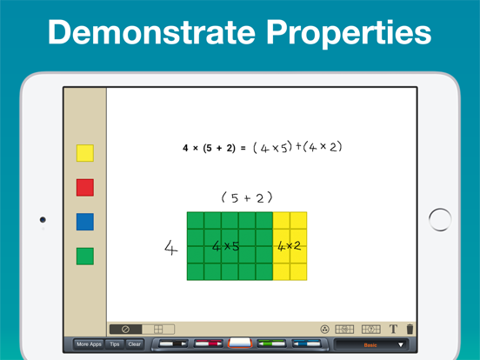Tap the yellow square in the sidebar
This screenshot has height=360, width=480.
tap(84, 153)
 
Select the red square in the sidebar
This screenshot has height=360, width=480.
tap(84, 187)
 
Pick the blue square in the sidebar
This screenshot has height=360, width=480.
tap(84, 222)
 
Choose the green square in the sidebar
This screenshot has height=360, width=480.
tap(84, 257)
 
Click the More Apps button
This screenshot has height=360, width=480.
tap(89, 344)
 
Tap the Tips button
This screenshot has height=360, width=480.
tap(115, 344)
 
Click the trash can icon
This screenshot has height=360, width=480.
tap(410, 330)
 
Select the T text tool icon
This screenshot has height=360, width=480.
tap(393, 330)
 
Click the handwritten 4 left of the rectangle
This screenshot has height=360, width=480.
tap(170, 248)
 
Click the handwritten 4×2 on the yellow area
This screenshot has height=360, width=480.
tap(289, 247)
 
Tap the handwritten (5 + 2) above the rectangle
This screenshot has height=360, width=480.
tap(247, 198)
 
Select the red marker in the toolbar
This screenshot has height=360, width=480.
tap(208, 344)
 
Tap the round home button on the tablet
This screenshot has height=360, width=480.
tap(440, 219)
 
